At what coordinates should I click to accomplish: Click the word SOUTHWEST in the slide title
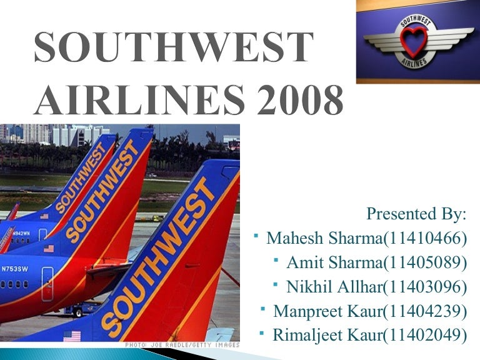pyautogui.click(x=172, y=47)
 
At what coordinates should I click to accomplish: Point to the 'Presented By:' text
pyautogui.click(x=416, y=214)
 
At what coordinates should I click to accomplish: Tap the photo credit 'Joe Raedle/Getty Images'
pyautogui.click(x=181, y=344)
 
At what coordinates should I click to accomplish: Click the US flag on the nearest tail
pyautogui.click(x=72, y=336)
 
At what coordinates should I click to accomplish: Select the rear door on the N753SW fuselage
pyautogui.click(x=47, y=282)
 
